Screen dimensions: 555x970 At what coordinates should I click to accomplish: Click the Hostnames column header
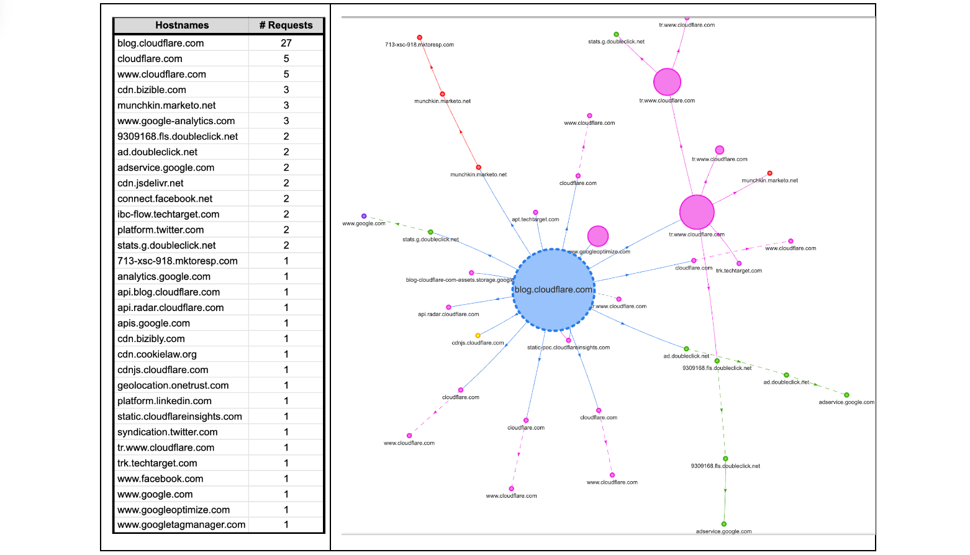click(x=181, y=25)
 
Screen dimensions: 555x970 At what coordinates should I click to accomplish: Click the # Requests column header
click(x=286, y=25)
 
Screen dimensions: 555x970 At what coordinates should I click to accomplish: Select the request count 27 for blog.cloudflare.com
click(x=286, y=43)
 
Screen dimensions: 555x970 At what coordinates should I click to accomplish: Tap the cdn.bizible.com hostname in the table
click(x=152, y=90)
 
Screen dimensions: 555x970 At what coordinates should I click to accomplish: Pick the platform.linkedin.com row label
click(x=165, y=401)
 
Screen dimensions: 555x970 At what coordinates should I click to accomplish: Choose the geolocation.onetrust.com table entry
click(x=173, y=386)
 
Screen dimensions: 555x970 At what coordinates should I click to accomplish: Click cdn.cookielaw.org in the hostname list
click(x=157, y=354)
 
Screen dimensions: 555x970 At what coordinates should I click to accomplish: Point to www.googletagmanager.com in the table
click(x=181, y=525)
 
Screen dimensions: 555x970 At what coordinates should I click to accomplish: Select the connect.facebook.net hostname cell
click(x=165, y=199)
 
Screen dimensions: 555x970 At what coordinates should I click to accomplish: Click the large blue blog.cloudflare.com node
click(x=553, y=290)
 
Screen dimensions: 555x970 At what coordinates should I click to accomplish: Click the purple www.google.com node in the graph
click(x=364, y=216)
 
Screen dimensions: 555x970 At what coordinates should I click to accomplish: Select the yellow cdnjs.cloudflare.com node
click(x=478, y=336)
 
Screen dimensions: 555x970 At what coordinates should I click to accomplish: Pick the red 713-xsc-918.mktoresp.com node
click(x=420, y=38)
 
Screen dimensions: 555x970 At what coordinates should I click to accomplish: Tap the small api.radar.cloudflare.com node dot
click(x=448, y=307)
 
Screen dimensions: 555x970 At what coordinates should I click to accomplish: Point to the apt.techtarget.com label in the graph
click(x=535, y=219)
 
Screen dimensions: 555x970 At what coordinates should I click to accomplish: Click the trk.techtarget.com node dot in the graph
click(x=739, y=264)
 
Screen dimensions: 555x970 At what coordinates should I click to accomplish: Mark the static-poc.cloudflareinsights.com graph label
click(x=568, y=348)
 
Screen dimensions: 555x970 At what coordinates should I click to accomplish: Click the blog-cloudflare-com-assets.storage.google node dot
click(x=471, y=273)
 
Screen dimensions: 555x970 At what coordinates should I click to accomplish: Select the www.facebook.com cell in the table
click(x=160, y=479)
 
